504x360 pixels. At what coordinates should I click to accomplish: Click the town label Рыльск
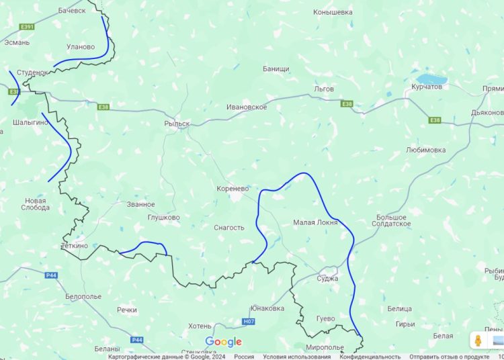tap(177, 124)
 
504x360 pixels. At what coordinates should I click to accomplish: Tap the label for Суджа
tap(327, 278)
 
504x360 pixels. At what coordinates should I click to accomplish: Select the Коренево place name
tap(233, 189)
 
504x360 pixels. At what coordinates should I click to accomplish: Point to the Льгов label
tap(324, 89)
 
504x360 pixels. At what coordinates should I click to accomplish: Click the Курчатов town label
tap(426, 87)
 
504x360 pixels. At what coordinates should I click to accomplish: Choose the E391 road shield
tap(27, 27)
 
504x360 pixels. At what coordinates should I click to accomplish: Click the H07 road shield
tap(249, 322)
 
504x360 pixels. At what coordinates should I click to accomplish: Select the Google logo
tap(223, 342)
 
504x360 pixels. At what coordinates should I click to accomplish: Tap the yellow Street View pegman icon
tap(478, 340)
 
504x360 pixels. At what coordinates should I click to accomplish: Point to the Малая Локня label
tap(315, 222)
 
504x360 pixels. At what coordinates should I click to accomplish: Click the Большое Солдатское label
tap(392, 220)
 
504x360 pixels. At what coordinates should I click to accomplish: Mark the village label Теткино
tap(75, 246)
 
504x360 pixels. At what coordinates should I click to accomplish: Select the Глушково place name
tap(163, 218)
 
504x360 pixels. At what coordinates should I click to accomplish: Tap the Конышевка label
tap(333, 12)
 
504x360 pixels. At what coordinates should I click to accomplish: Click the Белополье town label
tap(83, 296)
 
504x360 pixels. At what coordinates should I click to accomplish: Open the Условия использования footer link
tap(296, 357)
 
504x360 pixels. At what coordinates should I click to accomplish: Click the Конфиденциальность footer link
tap(370, 357)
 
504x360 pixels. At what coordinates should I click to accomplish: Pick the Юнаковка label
tap(267, 308)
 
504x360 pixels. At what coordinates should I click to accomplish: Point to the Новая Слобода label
tap(36, 204)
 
